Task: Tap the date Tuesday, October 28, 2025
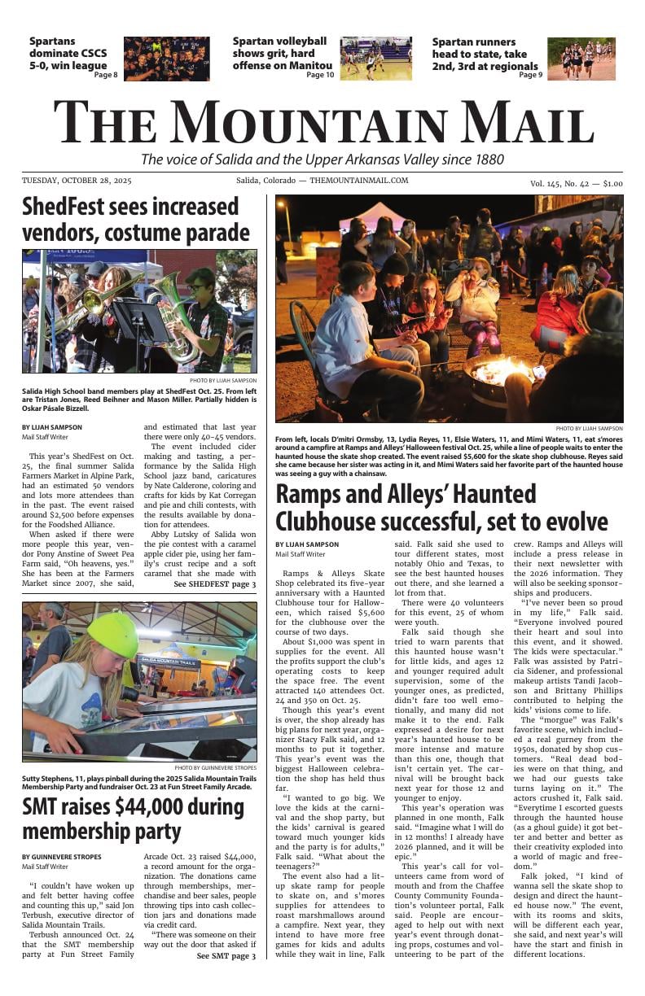click(x=77, y=181)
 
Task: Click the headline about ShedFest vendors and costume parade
click(x=136, y=220)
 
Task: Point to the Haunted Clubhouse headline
click(x=441, y=508)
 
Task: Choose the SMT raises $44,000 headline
click(x=133, y=819)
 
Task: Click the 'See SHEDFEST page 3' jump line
click(x=215, y=584)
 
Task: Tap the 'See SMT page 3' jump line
click(x=226, y=955)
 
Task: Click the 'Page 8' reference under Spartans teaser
click(x=106, y=75)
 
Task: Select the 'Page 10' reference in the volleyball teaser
click(x=320, y=75)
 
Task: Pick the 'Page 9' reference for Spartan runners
click(x=530, y=75)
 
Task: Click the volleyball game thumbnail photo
click(x=375, y=59)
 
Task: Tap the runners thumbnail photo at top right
click(x=581, y=59)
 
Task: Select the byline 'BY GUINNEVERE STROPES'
click(x=62, y=857)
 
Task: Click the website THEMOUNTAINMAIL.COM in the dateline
click(x=358, y=181)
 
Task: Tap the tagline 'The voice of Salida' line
click(x=322, y=159)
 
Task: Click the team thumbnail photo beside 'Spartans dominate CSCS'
click(x=166, y=59)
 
